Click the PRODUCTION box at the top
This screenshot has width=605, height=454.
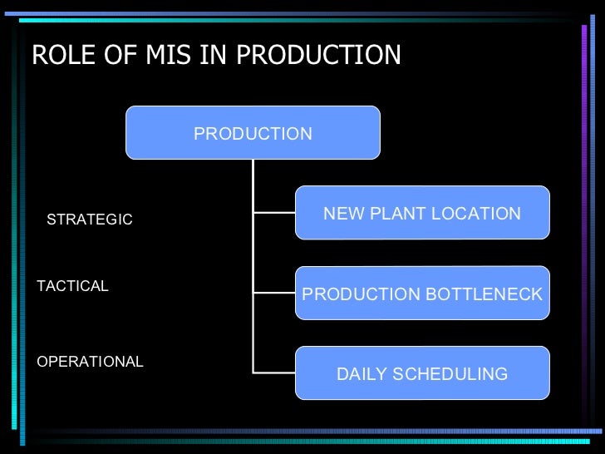(253, 133)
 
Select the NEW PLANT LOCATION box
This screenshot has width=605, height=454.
(422, 213)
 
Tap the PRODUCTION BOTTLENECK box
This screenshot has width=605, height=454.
(422, 294)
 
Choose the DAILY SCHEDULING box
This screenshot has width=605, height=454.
(422, 373)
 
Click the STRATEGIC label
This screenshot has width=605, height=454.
(89, 220)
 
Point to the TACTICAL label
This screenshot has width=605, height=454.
(73, 286)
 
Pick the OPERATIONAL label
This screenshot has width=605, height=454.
(90, 362)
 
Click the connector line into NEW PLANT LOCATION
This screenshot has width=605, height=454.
(274, 213)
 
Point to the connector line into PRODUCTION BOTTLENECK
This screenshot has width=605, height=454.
(274, 293)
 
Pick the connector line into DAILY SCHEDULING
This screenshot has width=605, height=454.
(274, 372)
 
